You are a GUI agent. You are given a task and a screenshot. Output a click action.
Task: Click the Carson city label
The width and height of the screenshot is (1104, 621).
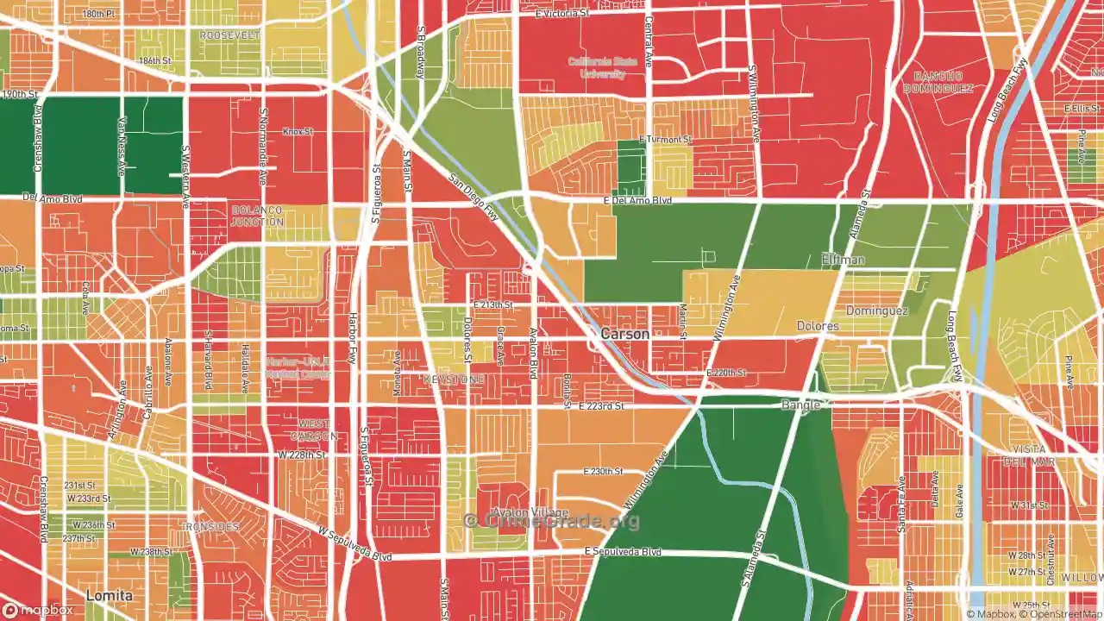(x=624, y=334)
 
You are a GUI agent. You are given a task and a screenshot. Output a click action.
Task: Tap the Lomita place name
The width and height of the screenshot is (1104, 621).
(x=109, y=596)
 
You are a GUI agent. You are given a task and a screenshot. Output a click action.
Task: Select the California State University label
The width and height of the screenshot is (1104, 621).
(x=597, y=67)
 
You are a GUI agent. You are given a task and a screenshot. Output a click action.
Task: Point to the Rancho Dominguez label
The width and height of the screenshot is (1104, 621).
(x=938, y=82)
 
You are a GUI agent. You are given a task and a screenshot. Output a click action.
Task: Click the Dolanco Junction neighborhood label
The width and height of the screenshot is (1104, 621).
(x=257, y=216)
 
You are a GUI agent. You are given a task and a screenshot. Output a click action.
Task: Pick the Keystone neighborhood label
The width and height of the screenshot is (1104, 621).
(x=452, y=379)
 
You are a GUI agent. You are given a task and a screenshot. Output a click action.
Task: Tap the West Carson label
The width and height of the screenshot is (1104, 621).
(x=313, y=430)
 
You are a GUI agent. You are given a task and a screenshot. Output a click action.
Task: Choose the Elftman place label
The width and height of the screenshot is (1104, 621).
(x=843, y=260)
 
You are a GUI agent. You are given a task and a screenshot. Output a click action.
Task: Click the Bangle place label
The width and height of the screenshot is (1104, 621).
(x=800, y=405)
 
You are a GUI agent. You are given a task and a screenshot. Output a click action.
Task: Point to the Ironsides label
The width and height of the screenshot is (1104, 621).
(x=211, y=526)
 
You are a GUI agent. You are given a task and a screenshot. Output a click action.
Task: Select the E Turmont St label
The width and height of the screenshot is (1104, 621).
(x=665, y=139)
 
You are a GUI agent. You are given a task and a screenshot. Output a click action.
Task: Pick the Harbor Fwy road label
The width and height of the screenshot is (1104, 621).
(x=352, y=338)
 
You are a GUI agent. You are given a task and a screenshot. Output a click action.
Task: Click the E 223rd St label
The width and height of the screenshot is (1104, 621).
(x=600, y=405)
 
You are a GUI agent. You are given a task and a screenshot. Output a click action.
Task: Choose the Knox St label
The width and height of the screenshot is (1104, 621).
(x=297, y=131)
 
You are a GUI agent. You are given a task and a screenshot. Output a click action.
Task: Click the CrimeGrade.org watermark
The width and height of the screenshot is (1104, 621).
(x=552, y=520)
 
